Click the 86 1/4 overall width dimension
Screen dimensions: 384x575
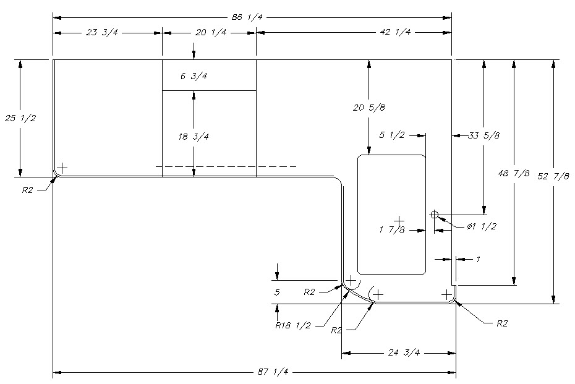pos(247,17)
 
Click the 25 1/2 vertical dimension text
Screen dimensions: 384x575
pos(20,117)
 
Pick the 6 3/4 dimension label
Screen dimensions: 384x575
pos(194,77)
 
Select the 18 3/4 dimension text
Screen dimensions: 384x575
pos(194,137)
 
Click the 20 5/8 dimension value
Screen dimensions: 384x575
pos(369,108)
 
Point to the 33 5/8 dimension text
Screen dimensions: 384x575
pos(484,135)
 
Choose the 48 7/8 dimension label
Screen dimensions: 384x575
pos(514,173)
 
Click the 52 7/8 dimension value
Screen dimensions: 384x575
pos(553,176)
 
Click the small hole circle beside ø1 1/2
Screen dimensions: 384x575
pos(434,215)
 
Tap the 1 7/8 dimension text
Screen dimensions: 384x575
pos(392,230)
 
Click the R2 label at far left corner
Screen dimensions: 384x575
pos(27,190)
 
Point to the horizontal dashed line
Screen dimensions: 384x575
pos(226,166)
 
